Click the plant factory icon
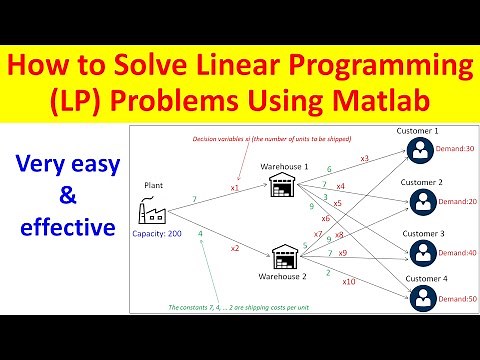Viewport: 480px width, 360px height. pyautogui.click(x=153, y=208)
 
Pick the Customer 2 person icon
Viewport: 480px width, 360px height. pyautogui.click(x=419, y=201)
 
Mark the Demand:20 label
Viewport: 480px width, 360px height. pyautogui.click(x=455, y=201)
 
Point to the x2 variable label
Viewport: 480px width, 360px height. pyautogui.click(x=235, y=247)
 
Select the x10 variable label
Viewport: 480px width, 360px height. pyautogui.click(x=348, y=282)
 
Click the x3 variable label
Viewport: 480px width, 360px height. pyautogui.click(x=364, y=159)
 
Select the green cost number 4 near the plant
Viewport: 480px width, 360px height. pyautogui.click(x=201, y=234)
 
